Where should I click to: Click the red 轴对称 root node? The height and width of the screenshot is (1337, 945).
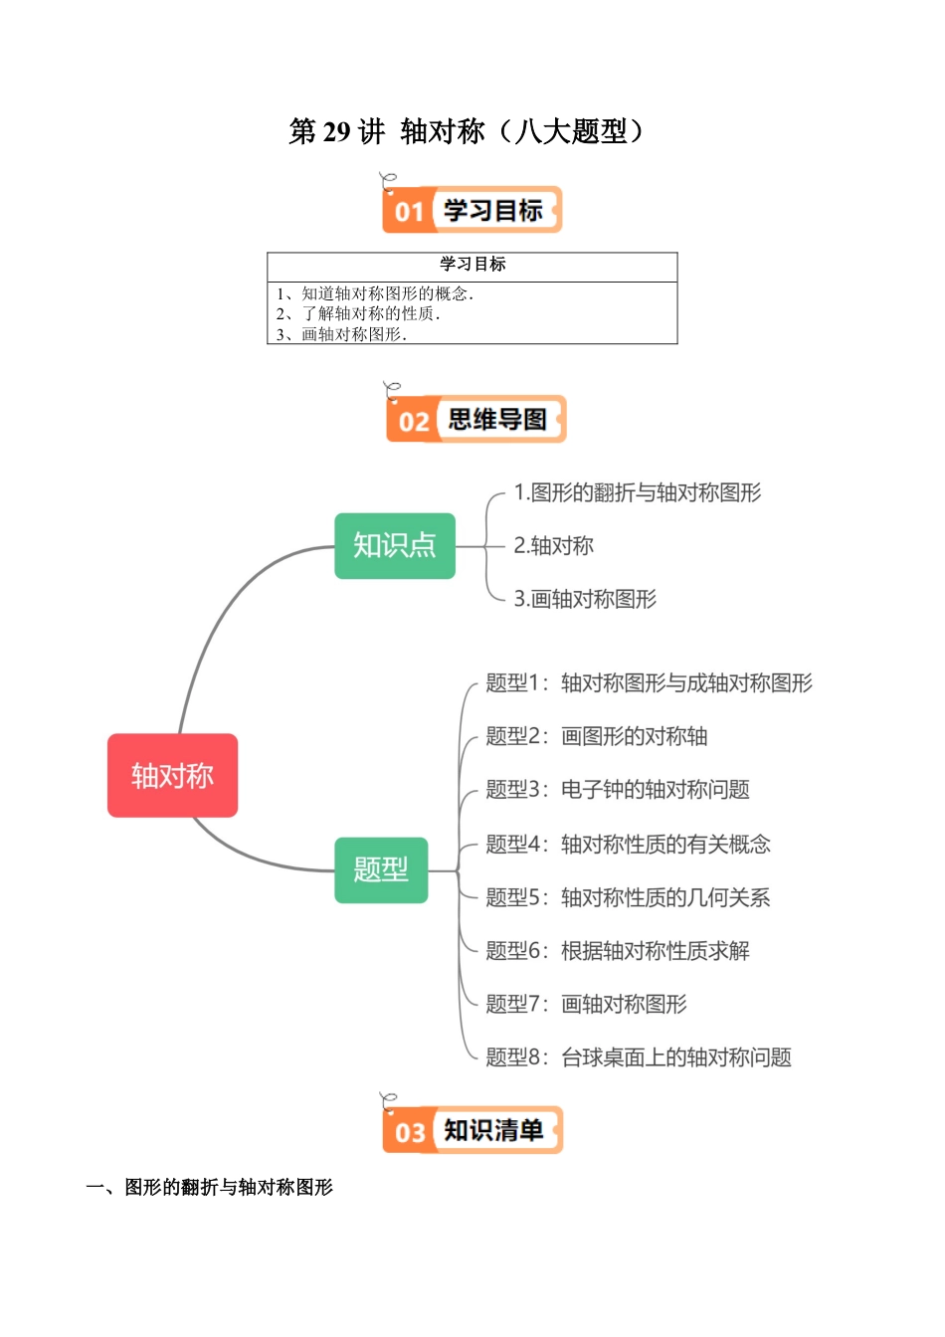pos(172,775)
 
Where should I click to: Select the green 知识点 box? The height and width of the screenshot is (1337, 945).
pos(395,545)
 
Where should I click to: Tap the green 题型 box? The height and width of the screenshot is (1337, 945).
pos(381,869)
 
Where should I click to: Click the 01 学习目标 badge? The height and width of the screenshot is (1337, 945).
pos(472,210)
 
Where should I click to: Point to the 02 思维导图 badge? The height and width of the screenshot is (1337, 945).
pos(475,419)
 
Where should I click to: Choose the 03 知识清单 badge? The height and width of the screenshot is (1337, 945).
pos(472,1130)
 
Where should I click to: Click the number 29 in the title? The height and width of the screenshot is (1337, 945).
pos(337,131)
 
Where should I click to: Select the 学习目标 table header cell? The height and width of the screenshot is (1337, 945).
pos(472,264)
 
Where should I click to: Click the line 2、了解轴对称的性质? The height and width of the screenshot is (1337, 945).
pos(358,313)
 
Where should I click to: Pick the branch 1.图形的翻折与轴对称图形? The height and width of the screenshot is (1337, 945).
pos(637,492)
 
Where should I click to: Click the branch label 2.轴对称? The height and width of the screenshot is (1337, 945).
pos(553,545)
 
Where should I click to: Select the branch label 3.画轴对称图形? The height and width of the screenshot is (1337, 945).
pos(585,599)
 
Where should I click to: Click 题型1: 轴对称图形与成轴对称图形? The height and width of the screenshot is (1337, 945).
pos(649,682)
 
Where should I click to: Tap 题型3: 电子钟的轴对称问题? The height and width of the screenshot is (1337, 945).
pos(617,790)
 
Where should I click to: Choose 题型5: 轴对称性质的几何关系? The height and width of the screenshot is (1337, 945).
pos(628,897)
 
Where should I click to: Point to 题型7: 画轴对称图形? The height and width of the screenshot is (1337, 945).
pos(586,1004)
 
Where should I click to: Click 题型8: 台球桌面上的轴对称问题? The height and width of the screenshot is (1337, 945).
pos(638,1057)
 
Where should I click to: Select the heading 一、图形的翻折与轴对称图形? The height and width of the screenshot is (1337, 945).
pos(210,1187)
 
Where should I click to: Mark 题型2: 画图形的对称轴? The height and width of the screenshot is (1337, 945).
pos(596,736)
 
